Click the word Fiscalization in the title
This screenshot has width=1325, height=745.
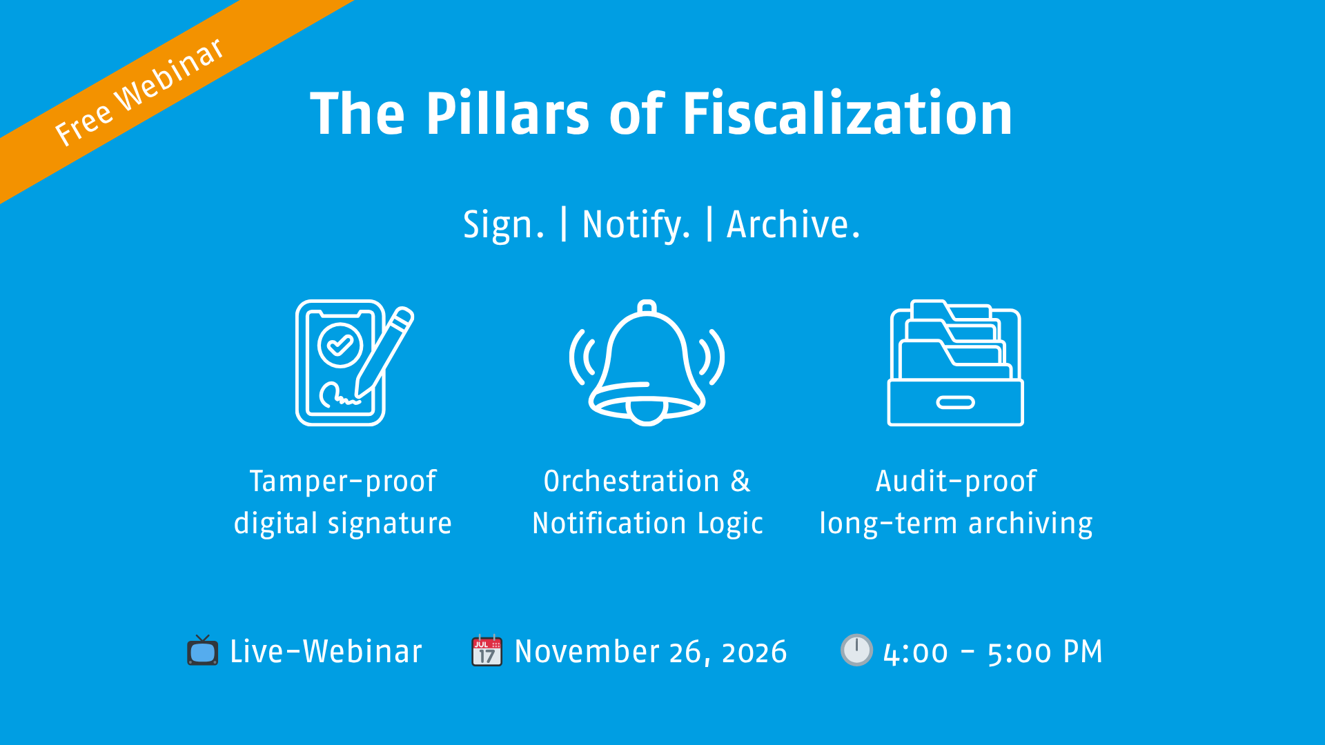pyautogui.click(x=847, y=114)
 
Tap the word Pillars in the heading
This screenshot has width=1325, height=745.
pyautogui.click(x=507, y=114)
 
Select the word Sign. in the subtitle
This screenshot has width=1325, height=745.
pyautogui.click(x=503, y=225)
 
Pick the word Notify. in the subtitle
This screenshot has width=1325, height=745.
pyautogui.click(x=636, y=225)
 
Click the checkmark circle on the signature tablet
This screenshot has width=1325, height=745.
pyautogui.click(x=340, y=344)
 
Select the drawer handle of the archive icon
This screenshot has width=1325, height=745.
pyautogui.click(x=955, y=403)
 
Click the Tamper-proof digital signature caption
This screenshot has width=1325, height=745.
pyautogui.click(x=343, y=502)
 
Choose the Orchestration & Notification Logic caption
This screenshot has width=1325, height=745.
pyautogui.click(x=647, y=502)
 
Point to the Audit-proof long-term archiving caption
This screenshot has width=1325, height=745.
pyautogui.click(x=956, y=502)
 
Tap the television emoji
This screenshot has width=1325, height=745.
pyautogui.click(x=202, y=650)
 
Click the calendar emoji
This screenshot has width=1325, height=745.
pyautogui.click(x=487, y=650)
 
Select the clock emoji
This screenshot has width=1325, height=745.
pyautogui.click(x=856, y=650)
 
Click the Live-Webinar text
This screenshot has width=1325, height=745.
pyautogui.click(x=326, y=652)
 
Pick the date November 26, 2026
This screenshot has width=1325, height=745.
pyautogui.click(x=650, y=652)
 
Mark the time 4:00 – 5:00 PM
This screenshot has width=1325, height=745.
pyautogui.click(x=992, y=652)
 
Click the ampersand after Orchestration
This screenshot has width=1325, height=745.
pyautogui.click(x=740, y=481)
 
